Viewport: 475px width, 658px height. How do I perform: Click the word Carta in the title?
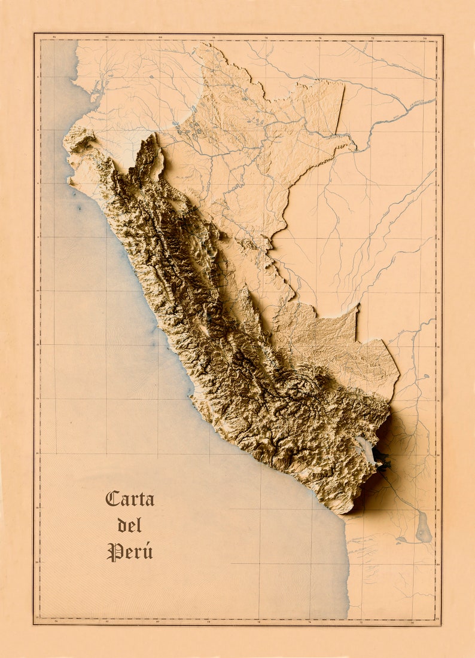(130, 499)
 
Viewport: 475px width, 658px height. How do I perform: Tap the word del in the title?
(130, 525)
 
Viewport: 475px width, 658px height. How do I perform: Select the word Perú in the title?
(130, 552)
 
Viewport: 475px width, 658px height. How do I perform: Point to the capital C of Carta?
(112, 499)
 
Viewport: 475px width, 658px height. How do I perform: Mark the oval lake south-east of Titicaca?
(424, 527)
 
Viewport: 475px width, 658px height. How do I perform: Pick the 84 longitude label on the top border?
(54, 38)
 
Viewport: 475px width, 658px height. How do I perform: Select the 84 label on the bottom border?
(55, 622)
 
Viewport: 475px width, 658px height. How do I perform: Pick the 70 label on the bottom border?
(413, 622)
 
